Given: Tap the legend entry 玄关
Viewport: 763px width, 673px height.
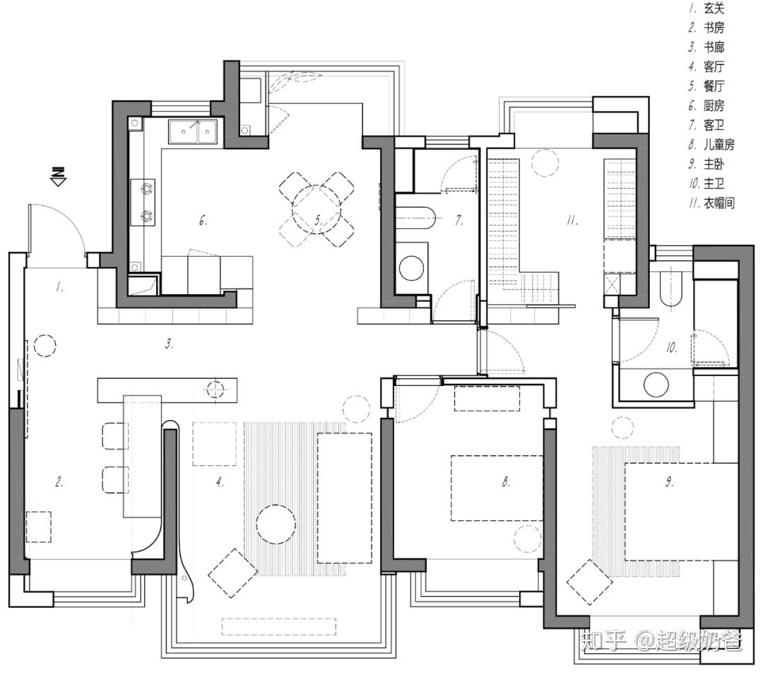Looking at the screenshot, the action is click(714, 9).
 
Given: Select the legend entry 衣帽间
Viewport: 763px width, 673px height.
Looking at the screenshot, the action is click(718, 204).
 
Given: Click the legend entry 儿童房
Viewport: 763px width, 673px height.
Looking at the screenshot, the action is click(718, 145).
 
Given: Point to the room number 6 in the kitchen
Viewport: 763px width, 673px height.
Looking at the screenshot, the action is click(203, 221).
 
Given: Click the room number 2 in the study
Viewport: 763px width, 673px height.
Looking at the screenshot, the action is click(60, 483).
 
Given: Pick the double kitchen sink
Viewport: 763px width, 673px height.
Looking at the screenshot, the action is click(192, 131).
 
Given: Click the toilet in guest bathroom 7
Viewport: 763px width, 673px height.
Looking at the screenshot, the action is click(415, 216).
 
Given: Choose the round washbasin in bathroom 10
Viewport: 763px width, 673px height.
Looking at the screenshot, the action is click(656, 385).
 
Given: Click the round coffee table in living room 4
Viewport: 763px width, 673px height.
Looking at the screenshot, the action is click(276, 524).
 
